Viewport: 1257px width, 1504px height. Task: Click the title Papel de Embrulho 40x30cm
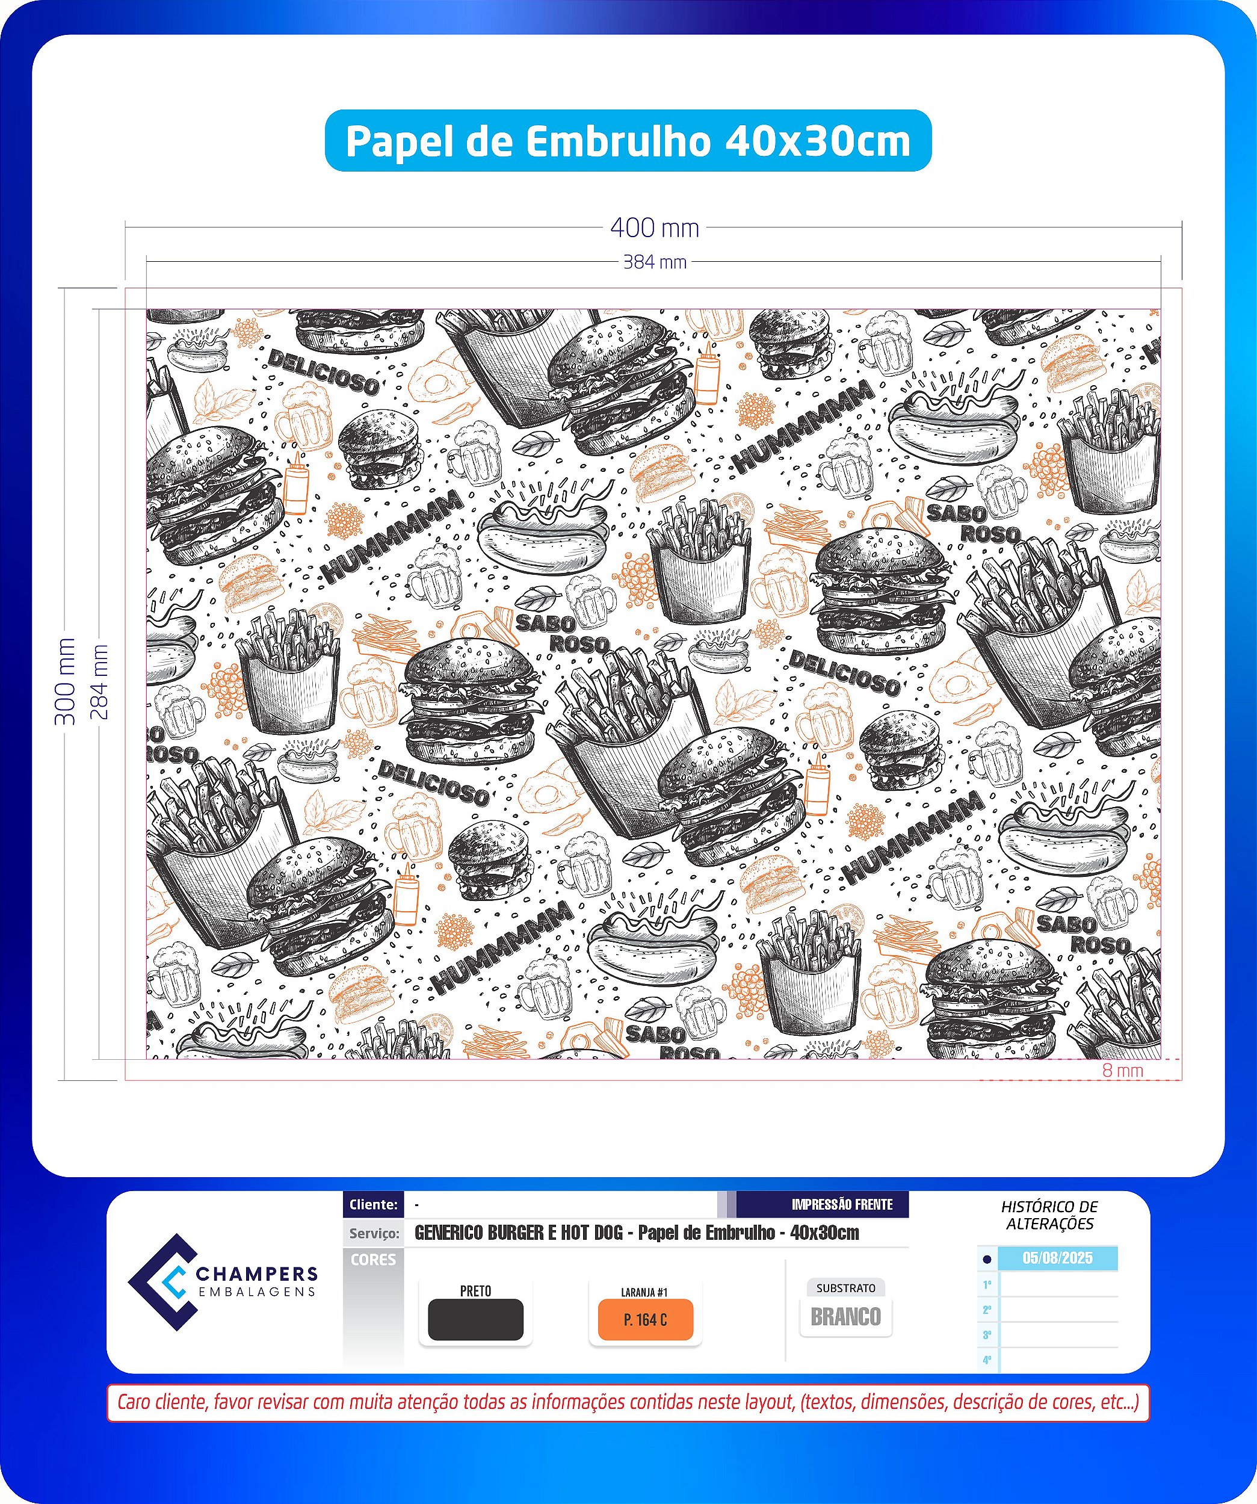[628, 141]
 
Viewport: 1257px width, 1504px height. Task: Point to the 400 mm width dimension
[655, 227]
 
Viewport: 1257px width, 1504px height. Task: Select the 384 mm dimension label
[655, 262]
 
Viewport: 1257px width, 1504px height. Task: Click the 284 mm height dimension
[99, 681]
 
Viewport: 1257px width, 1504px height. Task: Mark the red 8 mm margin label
[1122, 1070]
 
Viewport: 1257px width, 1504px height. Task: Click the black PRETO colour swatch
[475, 1320]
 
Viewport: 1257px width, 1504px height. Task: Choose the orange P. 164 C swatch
[645, 1320]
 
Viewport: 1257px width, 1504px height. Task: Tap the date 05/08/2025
[1057, 1258]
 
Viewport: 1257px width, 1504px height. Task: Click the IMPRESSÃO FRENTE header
[842, 1205]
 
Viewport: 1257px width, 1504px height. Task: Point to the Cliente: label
[373, 1205]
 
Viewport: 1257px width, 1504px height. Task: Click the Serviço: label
[374, 1233]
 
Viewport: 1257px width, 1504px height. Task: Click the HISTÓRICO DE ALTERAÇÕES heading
[1049, 1215]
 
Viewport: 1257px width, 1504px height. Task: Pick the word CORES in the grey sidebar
[373, 1260]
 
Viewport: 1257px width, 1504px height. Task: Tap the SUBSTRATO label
[846, 1288]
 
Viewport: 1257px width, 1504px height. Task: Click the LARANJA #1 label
[644, 1292]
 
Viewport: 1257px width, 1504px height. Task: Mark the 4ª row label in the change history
[987, 1360]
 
